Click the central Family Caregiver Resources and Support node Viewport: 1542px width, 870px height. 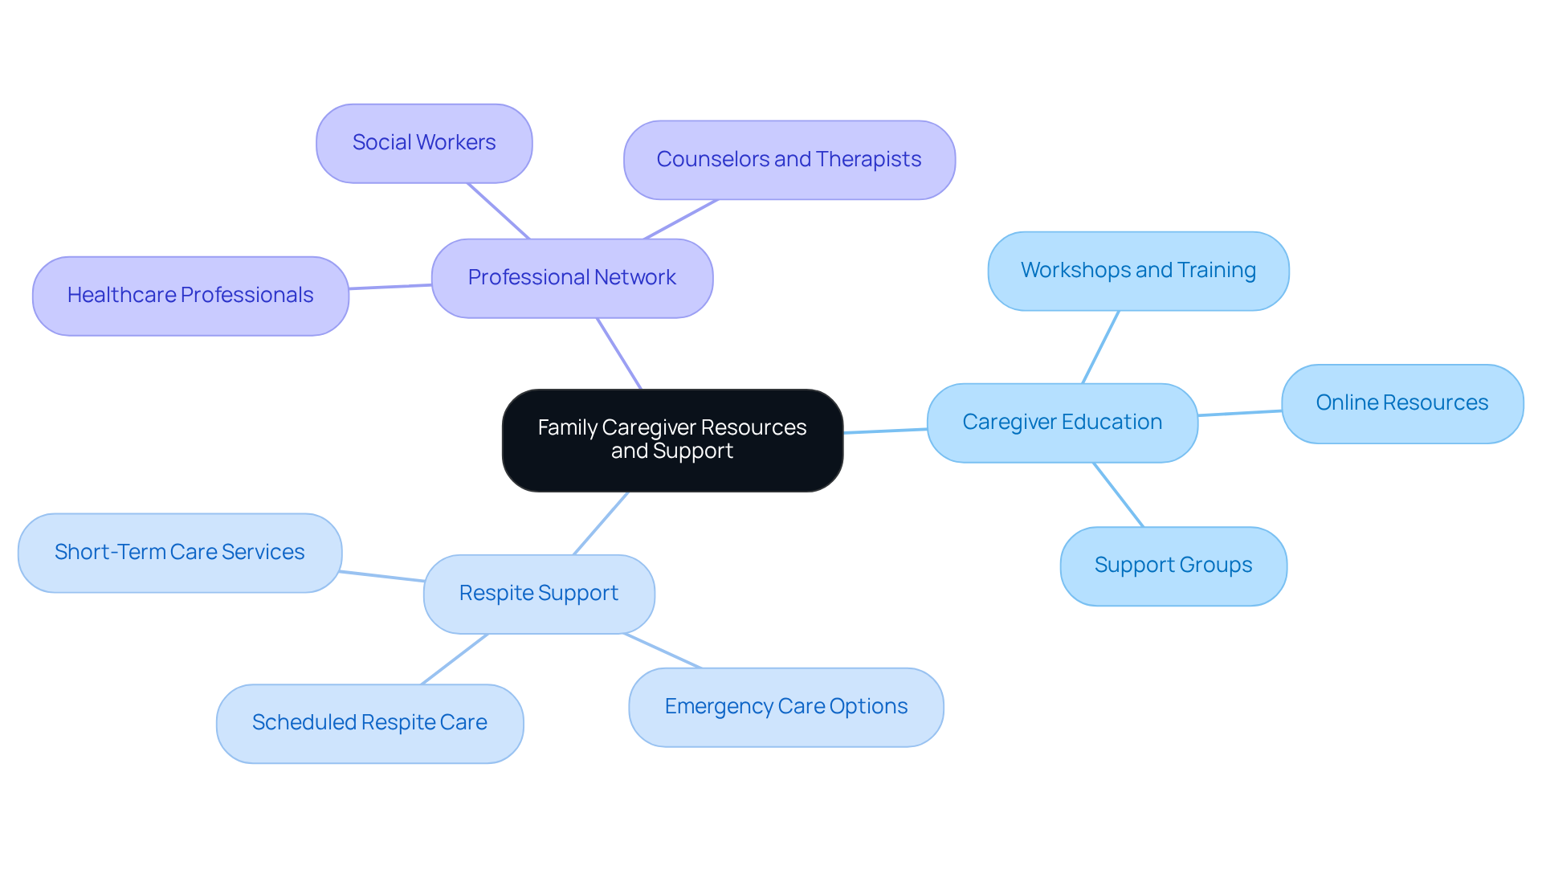tap(672, 439)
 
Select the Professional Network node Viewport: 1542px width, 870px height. tap(572, 278)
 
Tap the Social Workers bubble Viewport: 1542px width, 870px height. tap(424, 143)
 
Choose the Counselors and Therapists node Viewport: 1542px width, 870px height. tap(789, 160)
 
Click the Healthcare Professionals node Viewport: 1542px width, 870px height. tap(190, 296)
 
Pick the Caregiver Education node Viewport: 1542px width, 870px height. tap(1062, 423)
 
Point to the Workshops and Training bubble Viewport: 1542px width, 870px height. tap(1138, 271)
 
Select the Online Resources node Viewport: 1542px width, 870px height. tap(1401, 403)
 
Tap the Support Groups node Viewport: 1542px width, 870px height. tap(1173, 566)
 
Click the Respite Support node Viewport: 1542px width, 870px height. tap(538, 594)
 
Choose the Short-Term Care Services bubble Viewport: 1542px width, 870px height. tap(179, 553)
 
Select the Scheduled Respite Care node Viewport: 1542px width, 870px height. tap(369, 723)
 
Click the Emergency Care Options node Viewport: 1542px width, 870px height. tap(785, 707)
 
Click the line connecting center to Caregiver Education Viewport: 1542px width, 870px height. tap(885, 431)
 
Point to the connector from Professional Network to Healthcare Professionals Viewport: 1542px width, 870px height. tap(390, 287)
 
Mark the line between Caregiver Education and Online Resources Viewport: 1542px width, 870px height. tap(1239, 413)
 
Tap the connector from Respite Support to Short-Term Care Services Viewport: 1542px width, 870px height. tap(382, 576)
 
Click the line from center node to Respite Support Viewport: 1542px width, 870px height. tap(601, 523)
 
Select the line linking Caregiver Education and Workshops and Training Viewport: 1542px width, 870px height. tap(1100, 347)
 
